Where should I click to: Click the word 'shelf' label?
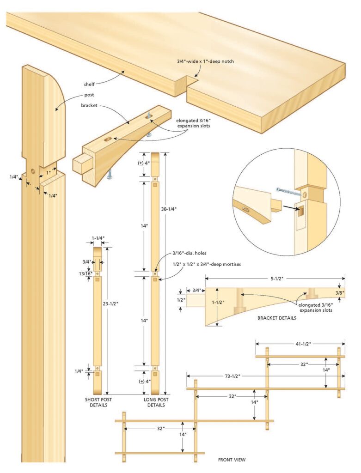(x=89, y=84)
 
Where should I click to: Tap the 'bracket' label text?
(x=89, y=105)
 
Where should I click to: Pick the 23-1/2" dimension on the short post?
(x=111, y=303)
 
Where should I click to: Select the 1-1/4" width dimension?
(x=98, y=238)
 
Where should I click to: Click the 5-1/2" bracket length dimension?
(x=275, y=279)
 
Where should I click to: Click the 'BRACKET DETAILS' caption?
(x=276, y=318)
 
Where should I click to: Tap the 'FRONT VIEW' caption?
(x=232, y=460)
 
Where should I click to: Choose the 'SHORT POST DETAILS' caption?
(x=96, y=402)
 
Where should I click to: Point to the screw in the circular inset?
(x=286, y=189)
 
